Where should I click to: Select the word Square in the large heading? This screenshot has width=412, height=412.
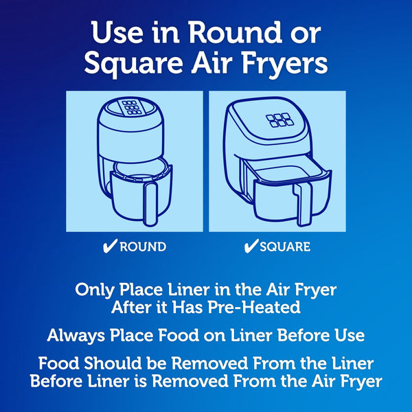133,63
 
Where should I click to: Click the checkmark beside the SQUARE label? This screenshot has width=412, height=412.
251,247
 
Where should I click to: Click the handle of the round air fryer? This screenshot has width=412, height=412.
152,200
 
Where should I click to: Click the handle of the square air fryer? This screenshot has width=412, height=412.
300,204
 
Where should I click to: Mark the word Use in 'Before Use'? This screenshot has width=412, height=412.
349,336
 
